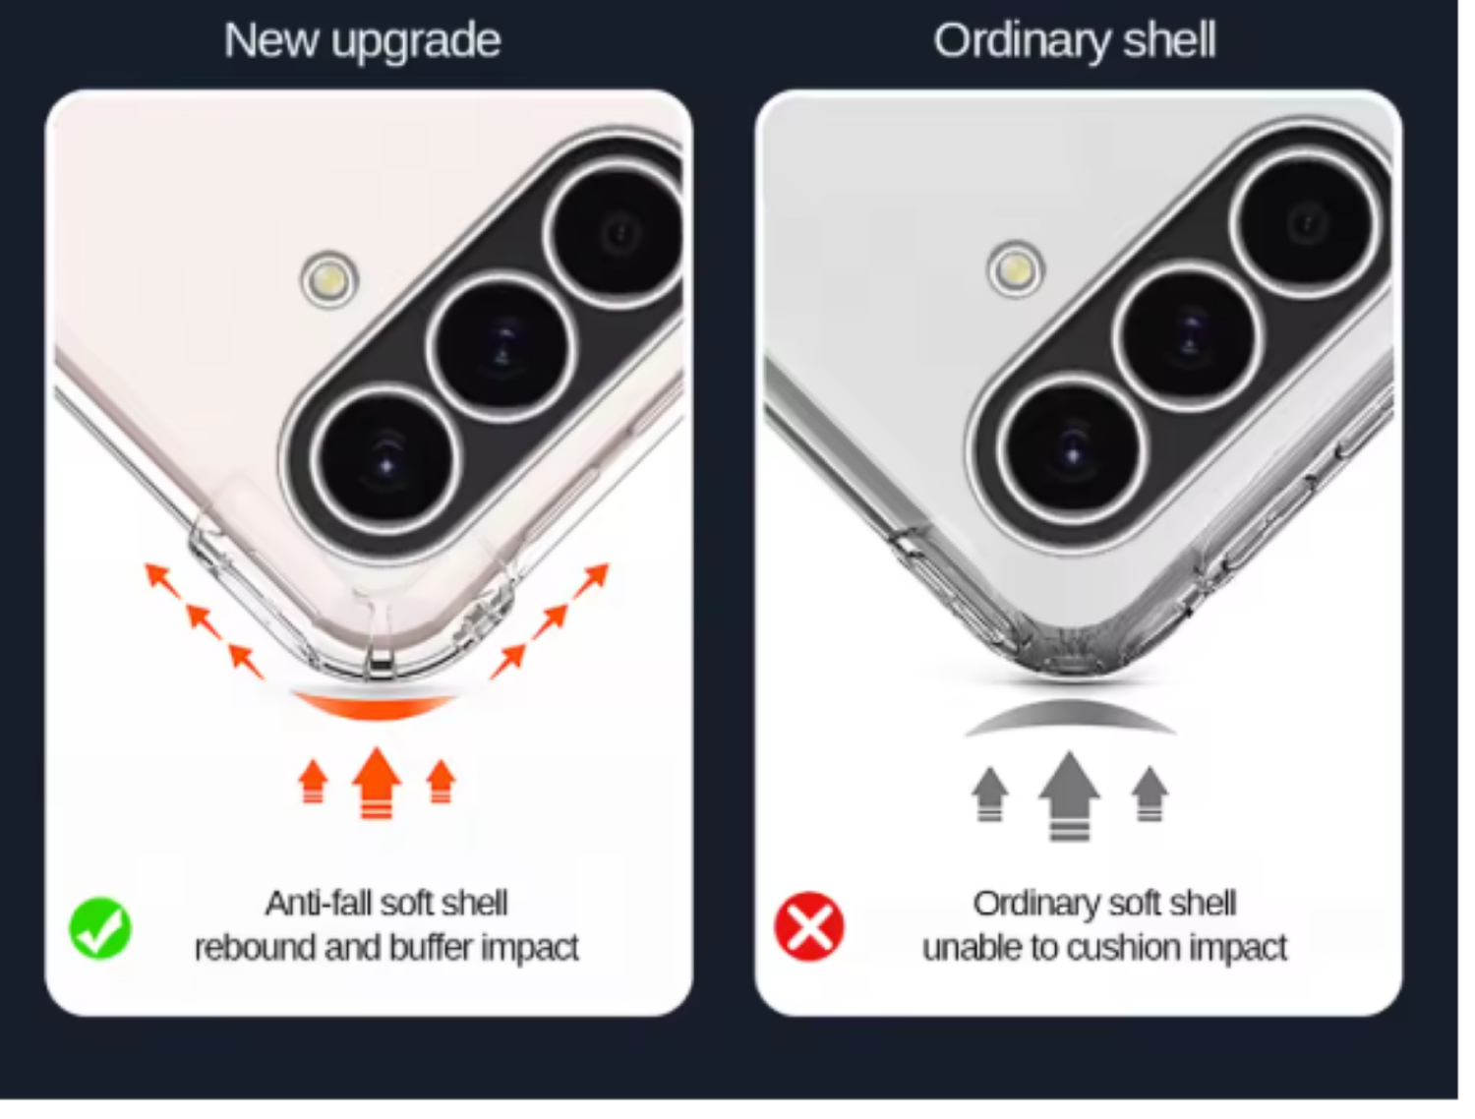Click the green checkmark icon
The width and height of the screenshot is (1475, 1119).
tap(100, 927)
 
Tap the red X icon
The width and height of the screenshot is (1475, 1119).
tap(808, 926)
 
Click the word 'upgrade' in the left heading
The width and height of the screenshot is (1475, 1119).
tap(416, 41)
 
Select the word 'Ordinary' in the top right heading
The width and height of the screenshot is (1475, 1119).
tap(1022, 41)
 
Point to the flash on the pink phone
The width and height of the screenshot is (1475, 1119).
tap(328, 279)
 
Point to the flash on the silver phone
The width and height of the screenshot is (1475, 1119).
tap(1016, 269)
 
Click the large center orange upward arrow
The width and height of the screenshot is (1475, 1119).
tap(377, 783)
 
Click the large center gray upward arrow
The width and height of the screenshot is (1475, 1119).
tap(1069, 795)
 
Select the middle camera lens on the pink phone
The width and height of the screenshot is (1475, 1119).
tap(501, 347)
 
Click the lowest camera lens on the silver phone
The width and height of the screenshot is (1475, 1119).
tap(1072, 450)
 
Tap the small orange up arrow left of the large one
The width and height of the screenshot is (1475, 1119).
tap(313, 781)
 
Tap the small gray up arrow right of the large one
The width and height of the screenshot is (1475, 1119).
tap(1150, 794)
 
